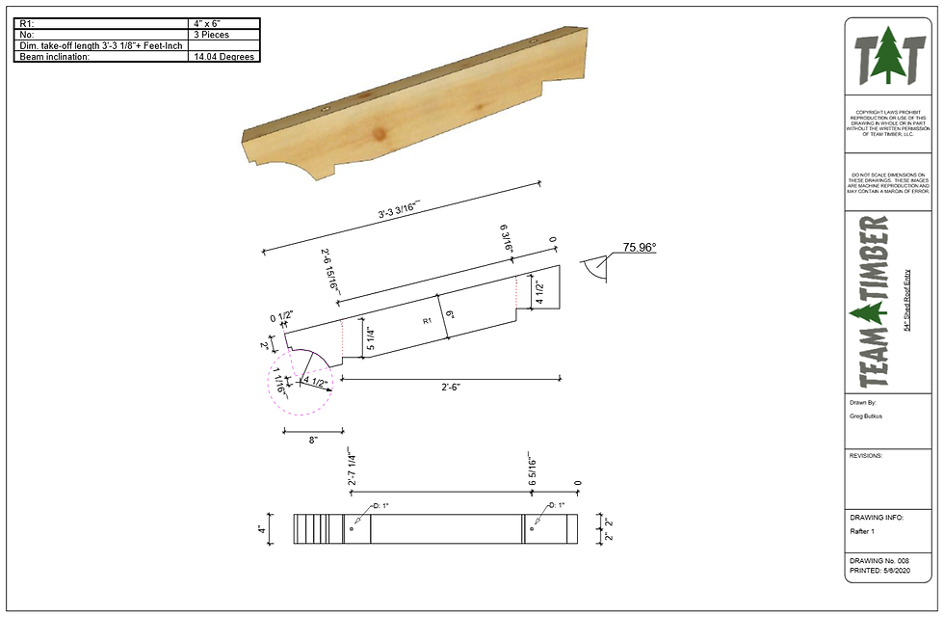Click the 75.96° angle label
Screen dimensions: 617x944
point(639,248)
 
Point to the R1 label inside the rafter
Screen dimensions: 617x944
point(427,321)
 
